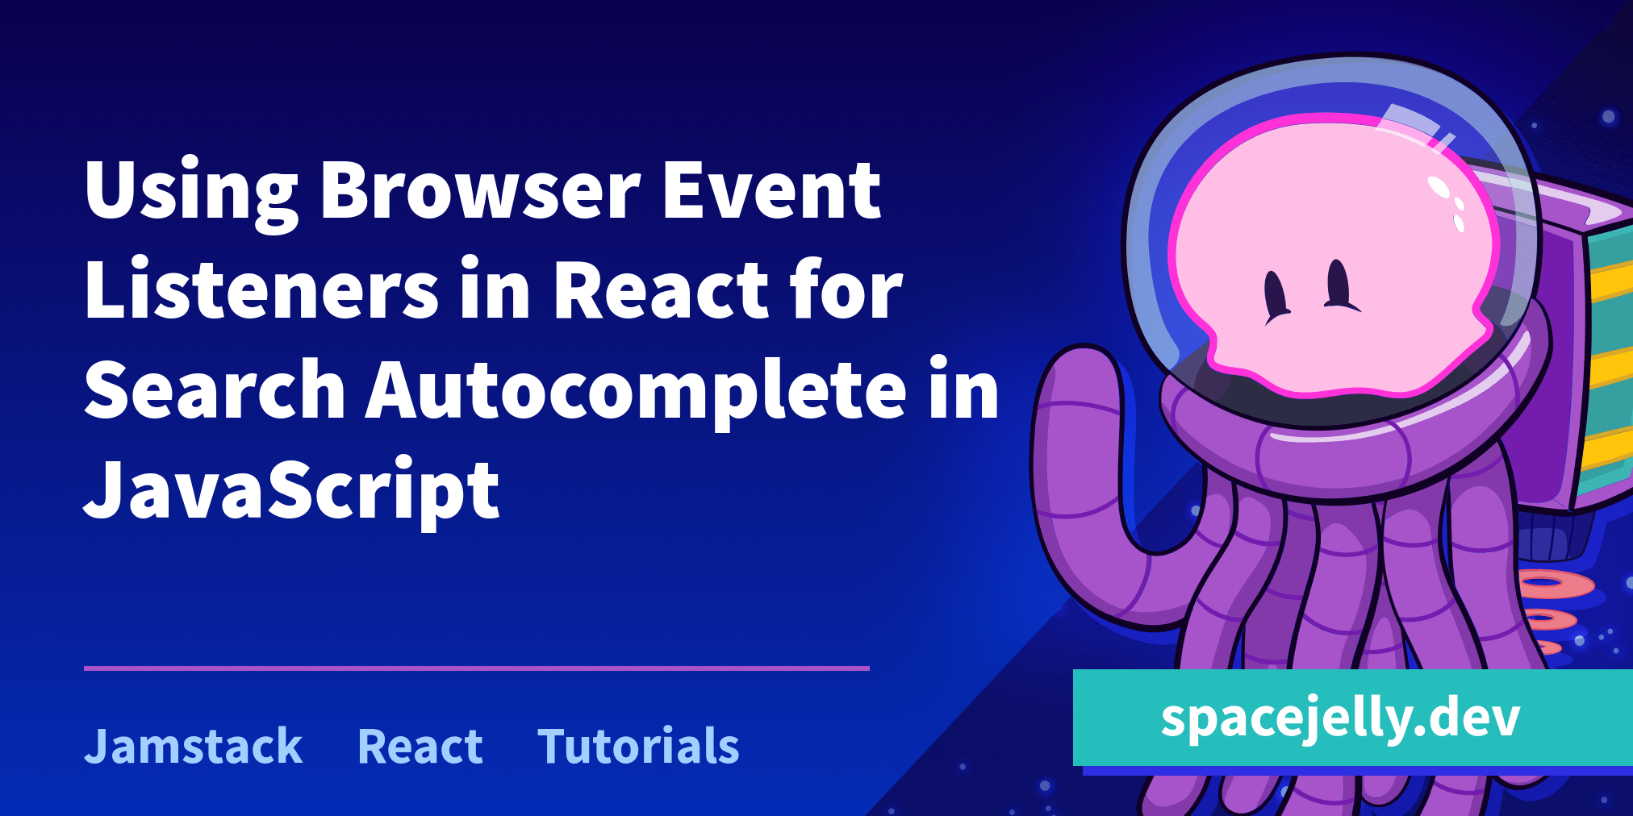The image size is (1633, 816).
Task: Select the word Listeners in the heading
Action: [x=261, y=290]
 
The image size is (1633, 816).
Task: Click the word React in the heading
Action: [x=660, y=290]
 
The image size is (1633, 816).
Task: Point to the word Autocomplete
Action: [x=637, y=391]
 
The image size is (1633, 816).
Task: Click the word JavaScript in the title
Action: [x=292, y=490]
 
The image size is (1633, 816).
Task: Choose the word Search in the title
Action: [x=215, y=391]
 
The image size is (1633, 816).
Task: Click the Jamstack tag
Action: [x=194, y=746]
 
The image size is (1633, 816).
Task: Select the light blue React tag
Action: [x=420, y=746]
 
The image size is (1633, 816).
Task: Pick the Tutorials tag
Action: [x=638, y=746]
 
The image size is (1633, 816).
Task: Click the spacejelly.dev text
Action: [x=1340, y=718]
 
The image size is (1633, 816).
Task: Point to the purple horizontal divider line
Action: [x=476, y=668]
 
